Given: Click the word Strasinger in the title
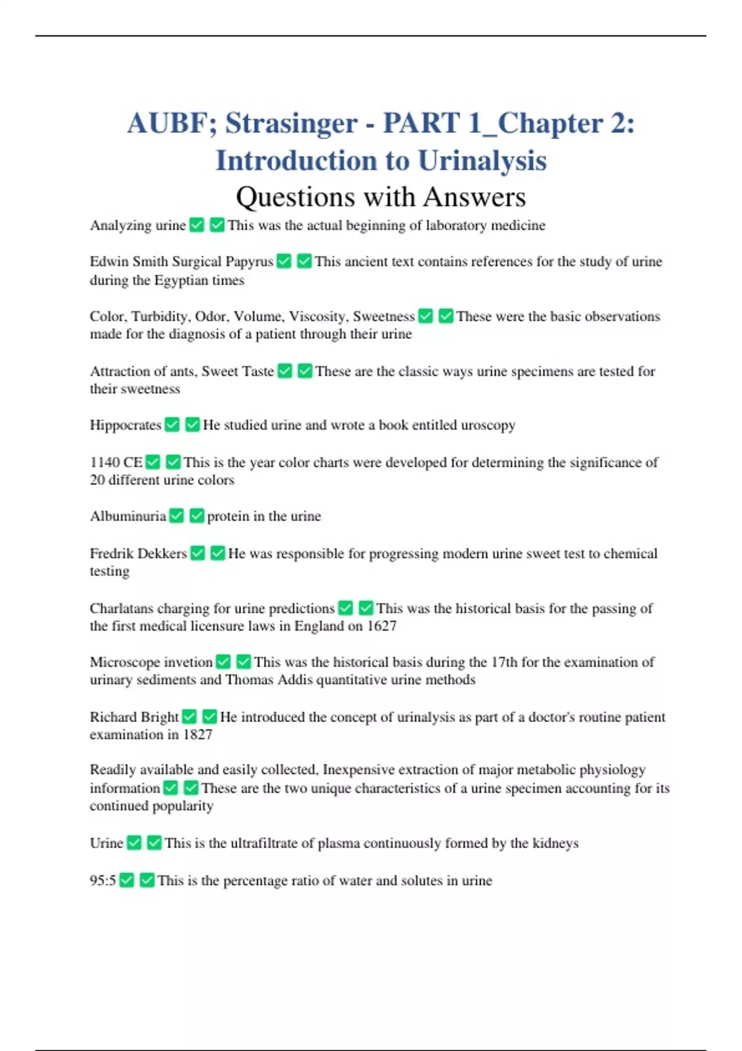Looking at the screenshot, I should pos(291,124).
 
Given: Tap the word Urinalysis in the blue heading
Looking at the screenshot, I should pos(482,161).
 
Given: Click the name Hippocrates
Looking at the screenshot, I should pos(126,425).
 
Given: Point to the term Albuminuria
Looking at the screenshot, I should pos(128,516).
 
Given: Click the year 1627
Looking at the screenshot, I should pos(382,626).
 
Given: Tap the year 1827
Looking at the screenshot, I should pos(197,735).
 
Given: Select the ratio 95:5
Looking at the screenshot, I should pos(103,881).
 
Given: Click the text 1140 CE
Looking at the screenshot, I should pos(116,462).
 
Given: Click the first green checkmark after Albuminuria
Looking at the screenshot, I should pos(177,516).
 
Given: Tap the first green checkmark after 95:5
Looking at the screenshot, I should pos(127,880).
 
